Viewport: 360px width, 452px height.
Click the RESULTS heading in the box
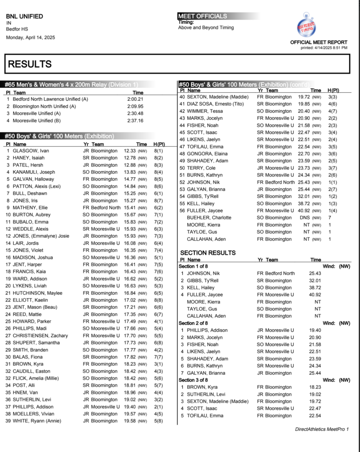(x=30, y=64)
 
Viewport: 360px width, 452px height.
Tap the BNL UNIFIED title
(x=25, y=16)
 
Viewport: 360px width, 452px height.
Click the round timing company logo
(x=307, y=26)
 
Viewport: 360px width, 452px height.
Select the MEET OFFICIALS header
(x=202, y=16)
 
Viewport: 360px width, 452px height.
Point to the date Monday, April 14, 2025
(x=30, y=38)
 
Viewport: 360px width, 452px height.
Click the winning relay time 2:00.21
(x=135, y=99)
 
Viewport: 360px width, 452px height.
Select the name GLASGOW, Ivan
(x=31, y=151)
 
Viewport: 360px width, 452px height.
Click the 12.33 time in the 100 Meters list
(x=130, y=151)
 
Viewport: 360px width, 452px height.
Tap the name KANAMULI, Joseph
(x=34, y=172)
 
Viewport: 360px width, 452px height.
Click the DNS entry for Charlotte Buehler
(x=303, y=218)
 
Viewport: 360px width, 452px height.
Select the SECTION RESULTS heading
(x=208, y=253)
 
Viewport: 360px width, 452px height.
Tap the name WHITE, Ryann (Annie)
(x=37, y=421)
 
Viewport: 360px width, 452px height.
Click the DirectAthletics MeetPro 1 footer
(x=322, y=429)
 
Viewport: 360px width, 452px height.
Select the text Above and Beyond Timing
(x=206, y=27)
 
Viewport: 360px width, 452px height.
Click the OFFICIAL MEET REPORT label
(x=318, y=42)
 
